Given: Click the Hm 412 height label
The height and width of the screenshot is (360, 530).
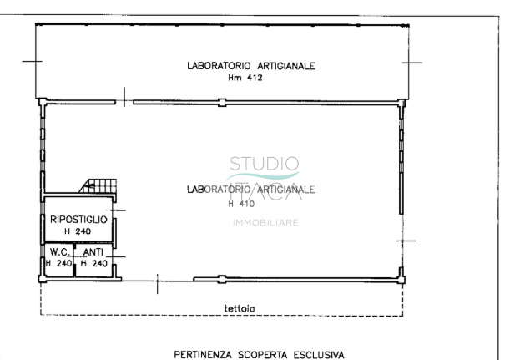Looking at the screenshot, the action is [245, 78].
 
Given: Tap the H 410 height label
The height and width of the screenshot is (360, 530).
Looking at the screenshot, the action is [241, 204].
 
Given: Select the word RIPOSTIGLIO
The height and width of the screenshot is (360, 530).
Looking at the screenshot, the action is [78, 220].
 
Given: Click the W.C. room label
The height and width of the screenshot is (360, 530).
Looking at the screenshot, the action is [60, 252].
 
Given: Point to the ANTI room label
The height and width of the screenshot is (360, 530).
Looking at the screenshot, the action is [93, 252].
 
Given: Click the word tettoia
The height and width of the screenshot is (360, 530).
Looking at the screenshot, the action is [240, 308].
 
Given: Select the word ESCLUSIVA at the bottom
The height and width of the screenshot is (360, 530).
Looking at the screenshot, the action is [319, 355].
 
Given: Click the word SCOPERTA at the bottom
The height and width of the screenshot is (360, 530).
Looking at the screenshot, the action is [263, 355].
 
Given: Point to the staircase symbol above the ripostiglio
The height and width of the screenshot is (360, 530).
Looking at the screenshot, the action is [98, 186].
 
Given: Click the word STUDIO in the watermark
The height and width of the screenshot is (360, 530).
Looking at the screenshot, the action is [265, 164].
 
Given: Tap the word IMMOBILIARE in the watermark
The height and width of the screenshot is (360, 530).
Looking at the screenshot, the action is [265, 223].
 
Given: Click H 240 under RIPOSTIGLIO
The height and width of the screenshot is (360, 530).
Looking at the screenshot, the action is [78, 231].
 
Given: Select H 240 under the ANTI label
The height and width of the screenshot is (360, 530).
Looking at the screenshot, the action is [94, 263].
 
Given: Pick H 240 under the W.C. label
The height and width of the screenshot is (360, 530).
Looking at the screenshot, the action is [58, 263].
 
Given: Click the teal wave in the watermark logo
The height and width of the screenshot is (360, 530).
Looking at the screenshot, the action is [263, 176].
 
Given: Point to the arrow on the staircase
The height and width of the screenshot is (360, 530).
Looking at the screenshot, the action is [89, 185].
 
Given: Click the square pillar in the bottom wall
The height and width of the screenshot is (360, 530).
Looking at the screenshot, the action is [222, 279].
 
